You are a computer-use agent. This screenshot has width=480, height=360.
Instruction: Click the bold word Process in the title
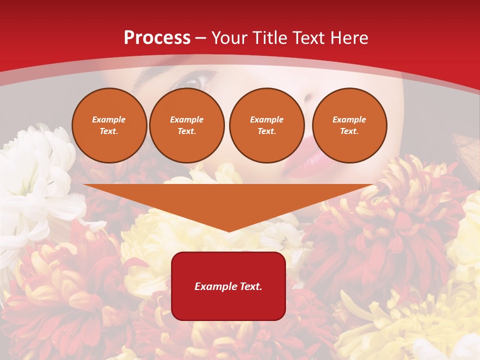(157, 38)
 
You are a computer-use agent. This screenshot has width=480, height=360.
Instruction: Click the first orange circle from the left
(109, 125)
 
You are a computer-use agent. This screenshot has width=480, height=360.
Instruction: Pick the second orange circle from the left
(187, 125)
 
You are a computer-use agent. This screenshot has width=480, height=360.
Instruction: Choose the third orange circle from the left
(267, 125)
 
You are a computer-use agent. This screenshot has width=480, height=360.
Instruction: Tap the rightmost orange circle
(349, 125)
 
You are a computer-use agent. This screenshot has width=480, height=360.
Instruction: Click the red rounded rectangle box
(228, 286)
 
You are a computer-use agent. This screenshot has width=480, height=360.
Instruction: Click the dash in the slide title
(201, 38)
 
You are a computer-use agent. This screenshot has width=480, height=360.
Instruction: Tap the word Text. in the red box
(249, 286)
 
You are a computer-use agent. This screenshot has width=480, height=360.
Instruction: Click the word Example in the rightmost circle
(349, 119)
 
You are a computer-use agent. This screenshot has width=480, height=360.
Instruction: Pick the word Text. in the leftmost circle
(109, 131)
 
